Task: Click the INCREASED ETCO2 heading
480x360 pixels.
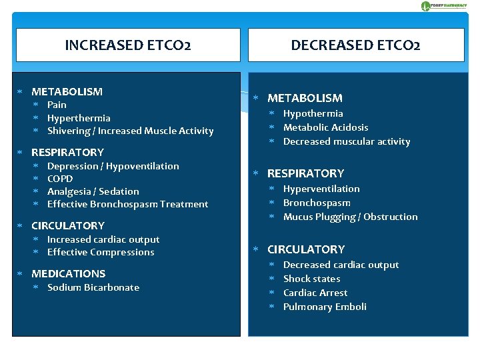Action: click(x=128, y=45)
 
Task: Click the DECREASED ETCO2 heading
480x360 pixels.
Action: click(x=355, y=45)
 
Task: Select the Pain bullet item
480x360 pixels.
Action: click(x=57, y=105)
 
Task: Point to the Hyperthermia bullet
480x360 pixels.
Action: click(x=79, y=118)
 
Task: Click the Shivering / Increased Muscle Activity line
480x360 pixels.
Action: click(x=130, y=131)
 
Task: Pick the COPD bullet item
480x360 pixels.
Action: click(x=60, y=179)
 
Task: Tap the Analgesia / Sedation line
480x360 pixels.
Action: click(x=93, y=191)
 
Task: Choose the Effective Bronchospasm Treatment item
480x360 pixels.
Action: click(x=127, y=204)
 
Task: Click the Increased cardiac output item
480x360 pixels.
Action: click(x=103, y=239)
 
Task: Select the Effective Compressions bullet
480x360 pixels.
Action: click(x=101, y=252)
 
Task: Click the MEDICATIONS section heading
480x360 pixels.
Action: click(x=68, y=273)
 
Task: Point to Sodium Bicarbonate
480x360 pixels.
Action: click(x=93, y=287)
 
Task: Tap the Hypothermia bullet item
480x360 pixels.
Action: click(x=313, y=113)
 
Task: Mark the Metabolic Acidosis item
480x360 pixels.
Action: click(x=325, y=127)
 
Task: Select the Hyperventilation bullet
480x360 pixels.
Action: click(x=321, y=189)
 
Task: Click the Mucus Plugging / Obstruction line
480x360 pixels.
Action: click(x=350, y=217)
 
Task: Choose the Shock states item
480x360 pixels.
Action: click(x=311, y=279)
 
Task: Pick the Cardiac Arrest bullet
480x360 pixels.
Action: click(x=315, y=293)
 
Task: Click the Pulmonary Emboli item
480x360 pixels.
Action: click(x=325, y=307)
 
